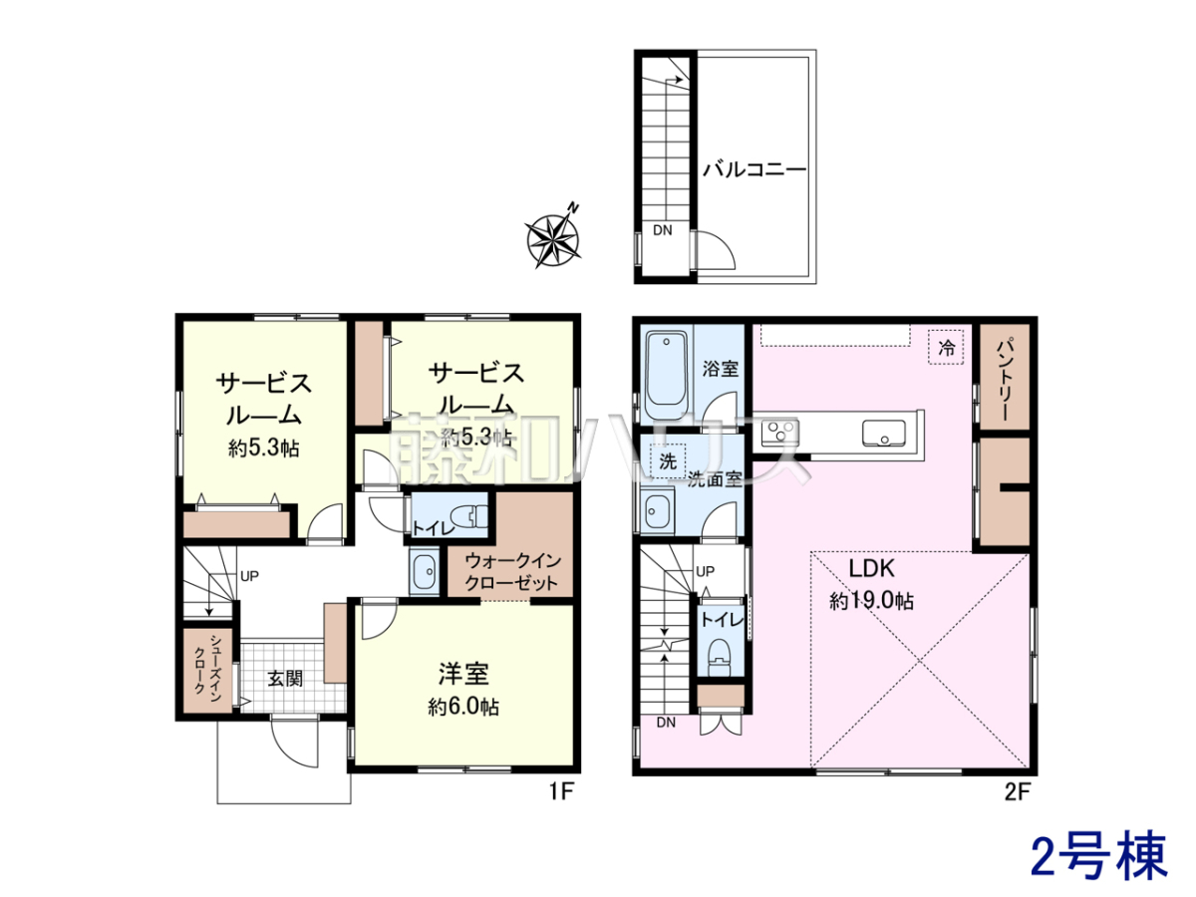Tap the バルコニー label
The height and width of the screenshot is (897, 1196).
pos(754,169)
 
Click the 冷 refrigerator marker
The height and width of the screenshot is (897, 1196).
pos(946,348)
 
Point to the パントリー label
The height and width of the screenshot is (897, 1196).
pos(1006,379)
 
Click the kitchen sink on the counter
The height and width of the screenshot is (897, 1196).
pos(883,434)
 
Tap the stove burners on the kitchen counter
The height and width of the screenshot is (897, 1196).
pos(779,433)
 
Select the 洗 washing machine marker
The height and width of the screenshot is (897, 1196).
pos(668,461)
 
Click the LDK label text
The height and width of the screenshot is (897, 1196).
pos(871,568)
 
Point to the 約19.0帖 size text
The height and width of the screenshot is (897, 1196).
pos(871,601)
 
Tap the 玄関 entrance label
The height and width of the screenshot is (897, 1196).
pos(285,679)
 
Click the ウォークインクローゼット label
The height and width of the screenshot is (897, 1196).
pos(512,571)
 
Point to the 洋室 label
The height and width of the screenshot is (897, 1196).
pos(463,674)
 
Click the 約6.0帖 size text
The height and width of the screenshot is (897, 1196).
pos(463,707)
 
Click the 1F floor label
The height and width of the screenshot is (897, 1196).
pos(561,792)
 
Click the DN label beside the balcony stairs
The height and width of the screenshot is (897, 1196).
pos(662,230)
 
